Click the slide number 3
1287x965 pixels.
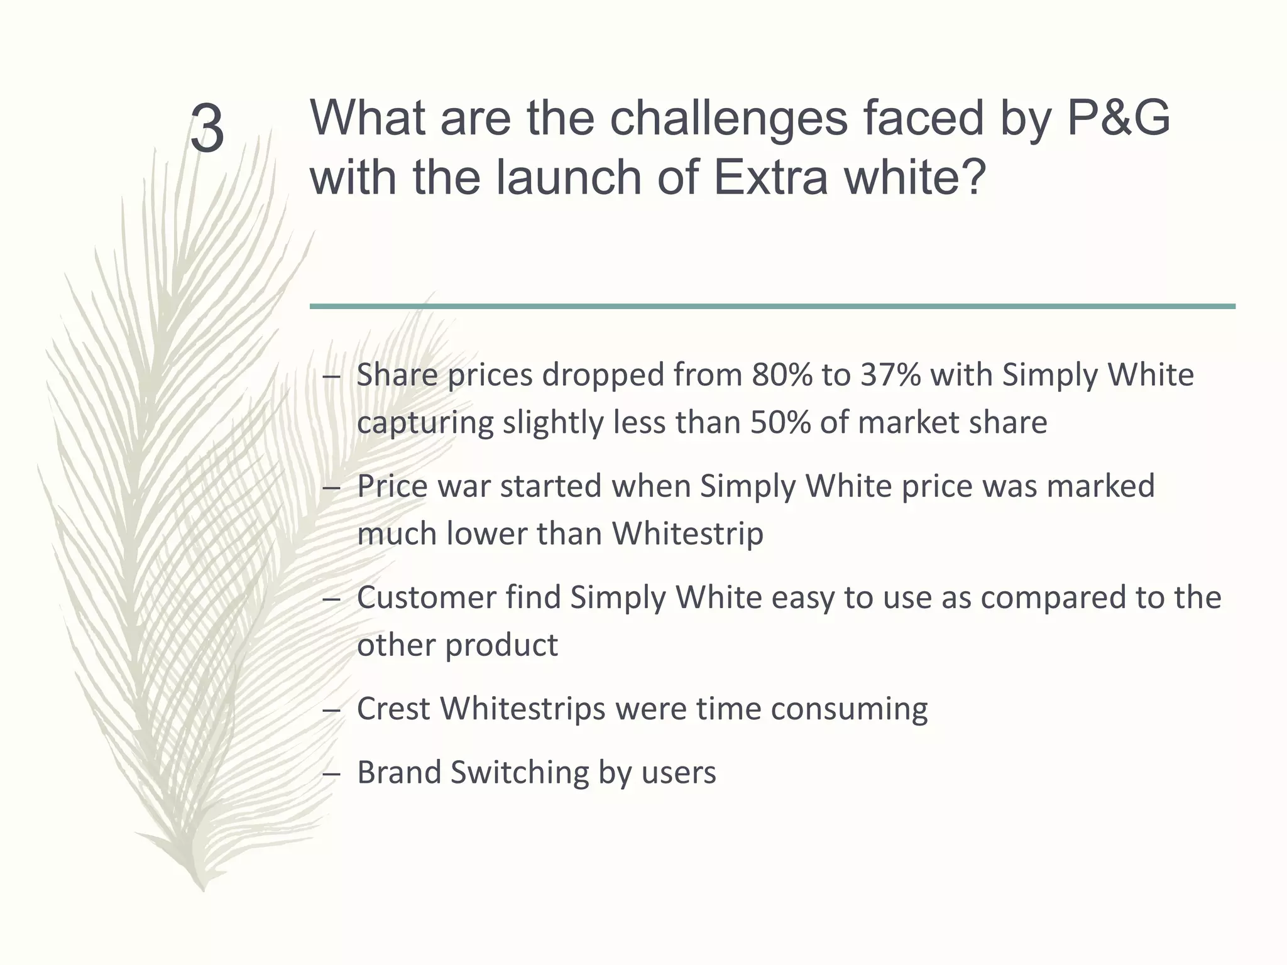pyautogui.click(x=207, y=129)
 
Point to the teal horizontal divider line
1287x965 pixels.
pyautogui.click(x=772, y=306)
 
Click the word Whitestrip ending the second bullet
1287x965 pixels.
pyautogui.click(x=687, y=534)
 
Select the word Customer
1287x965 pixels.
pyautogui.click(x=427, y=597)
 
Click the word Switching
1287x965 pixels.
pyautogui.click(x=520, y=773)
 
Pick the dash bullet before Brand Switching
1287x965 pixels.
pyautogui.click(x=331, y=774)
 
